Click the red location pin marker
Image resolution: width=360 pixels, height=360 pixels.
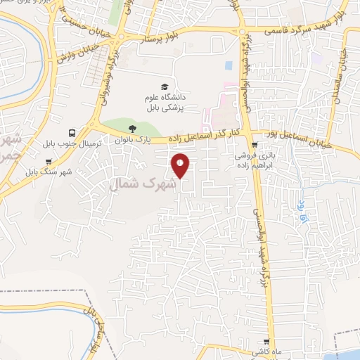pyautogui.click(x=180, y=165)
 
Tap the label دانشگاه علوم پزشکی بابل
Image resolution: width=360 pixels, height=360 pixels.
pyautogui.click(x=163, y=103)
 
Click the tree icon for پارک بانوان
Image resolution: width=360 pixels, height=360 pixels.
pyautogui.click(x=132, y=129)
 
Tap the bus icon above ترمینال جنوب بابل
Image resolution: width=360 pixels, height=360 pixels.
pyautogui.click(x=72, y=132)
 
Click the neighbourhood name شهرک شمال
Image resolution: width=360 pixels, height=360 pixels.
pyautogui.click(x=140, y=184)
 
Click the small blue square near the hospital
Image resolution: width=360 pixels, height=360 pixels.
pyautogui.click(x=229, y=65)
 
